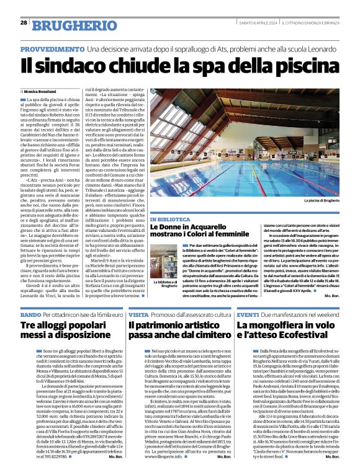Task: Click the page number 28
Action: coord(24,23)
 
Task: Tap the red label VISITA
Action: coord(138,315)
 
